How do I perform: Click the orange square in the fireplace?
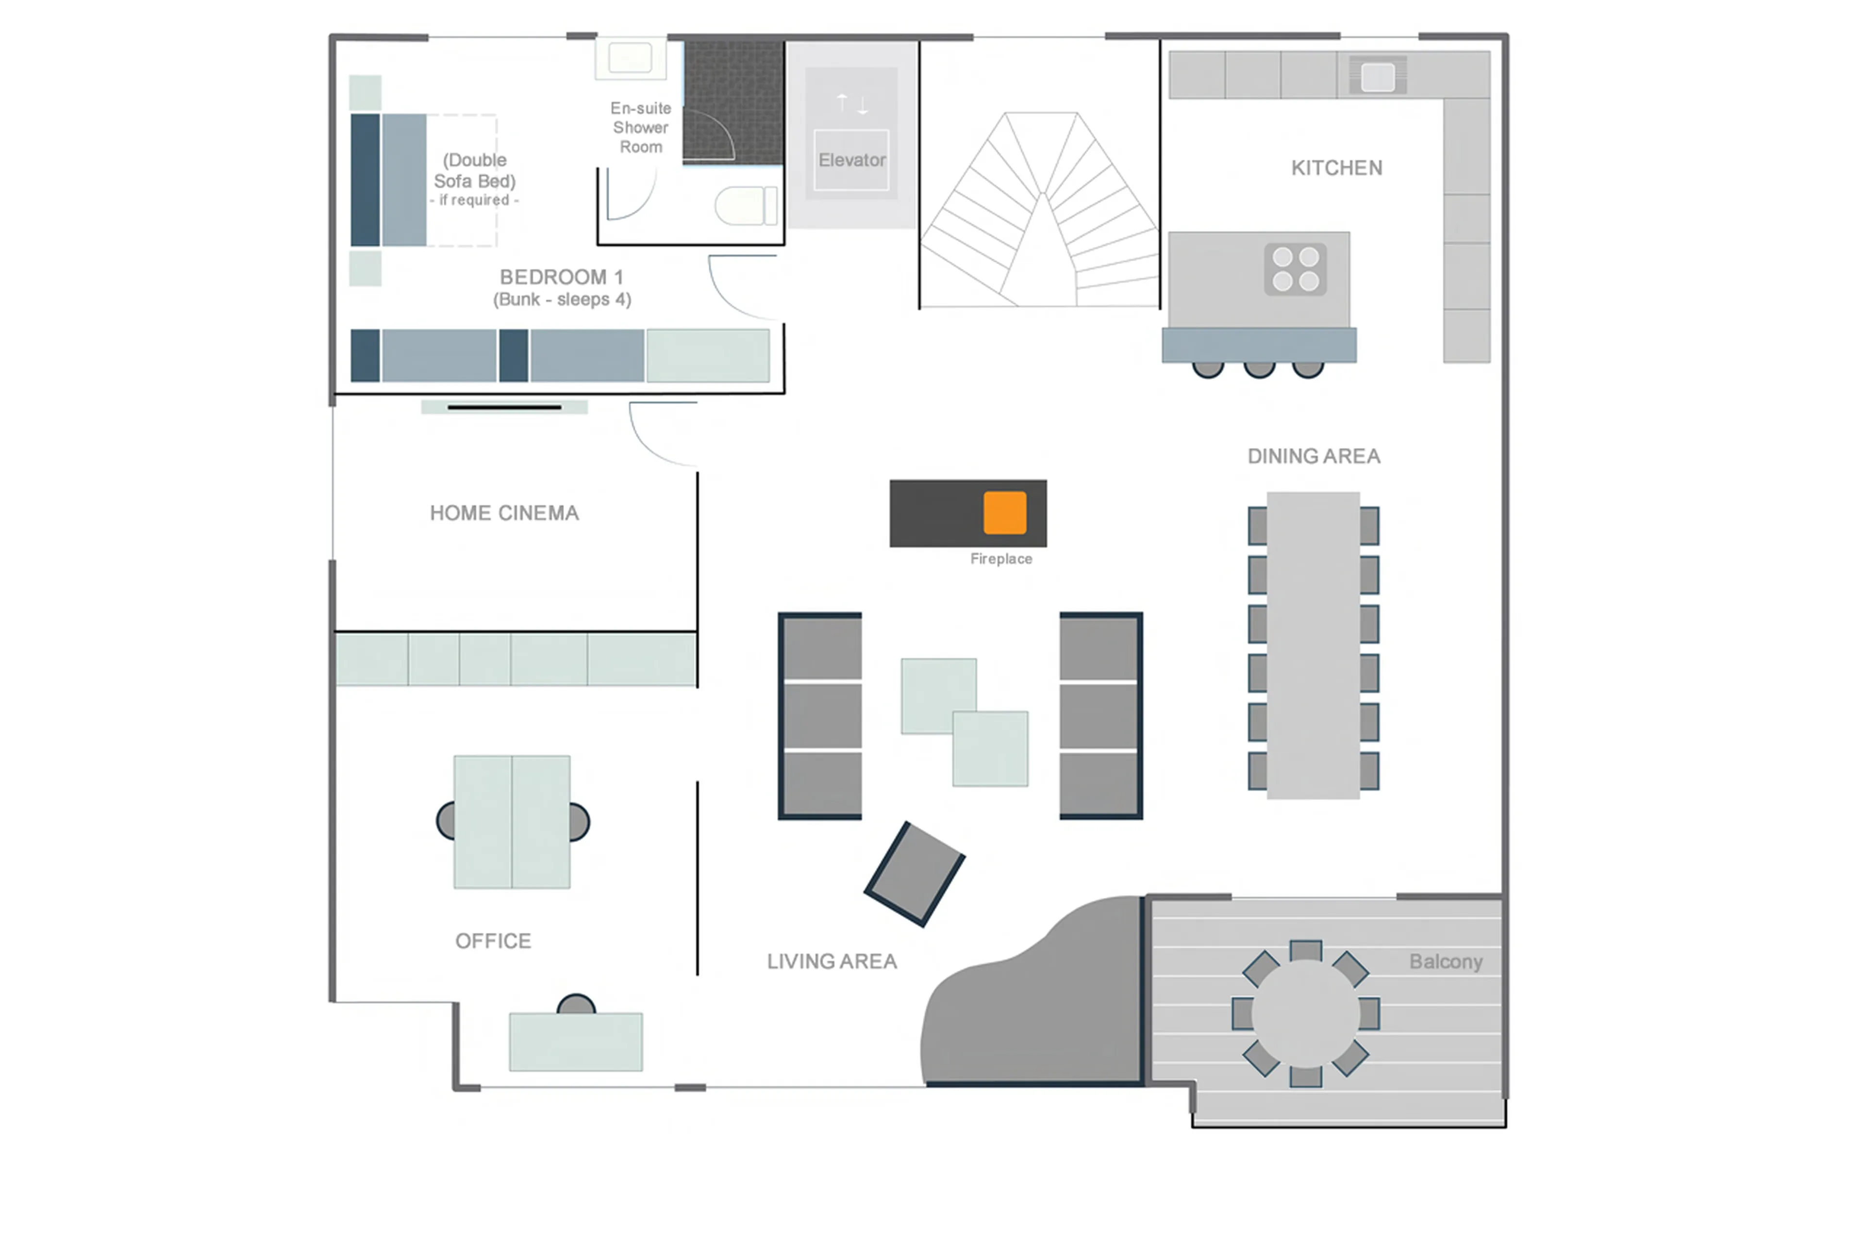point(1004,513)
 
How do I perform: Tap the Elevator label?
point(851,160)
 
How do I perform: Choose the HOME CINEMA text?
point(504,513)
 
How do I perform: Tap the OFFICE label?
point(493,941)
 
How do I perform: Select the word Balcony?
point(1445,961)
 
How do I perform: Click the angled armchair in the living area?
point(914,874)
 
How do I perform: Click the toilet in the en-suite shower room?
point(745,206)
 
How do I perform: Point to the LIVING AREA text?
point(831,961)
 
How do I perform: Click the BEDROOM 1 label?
point(561,277)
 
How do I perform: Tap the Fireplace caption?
point(1000,559)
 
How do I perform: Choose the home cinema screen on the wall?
point(504,407)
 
